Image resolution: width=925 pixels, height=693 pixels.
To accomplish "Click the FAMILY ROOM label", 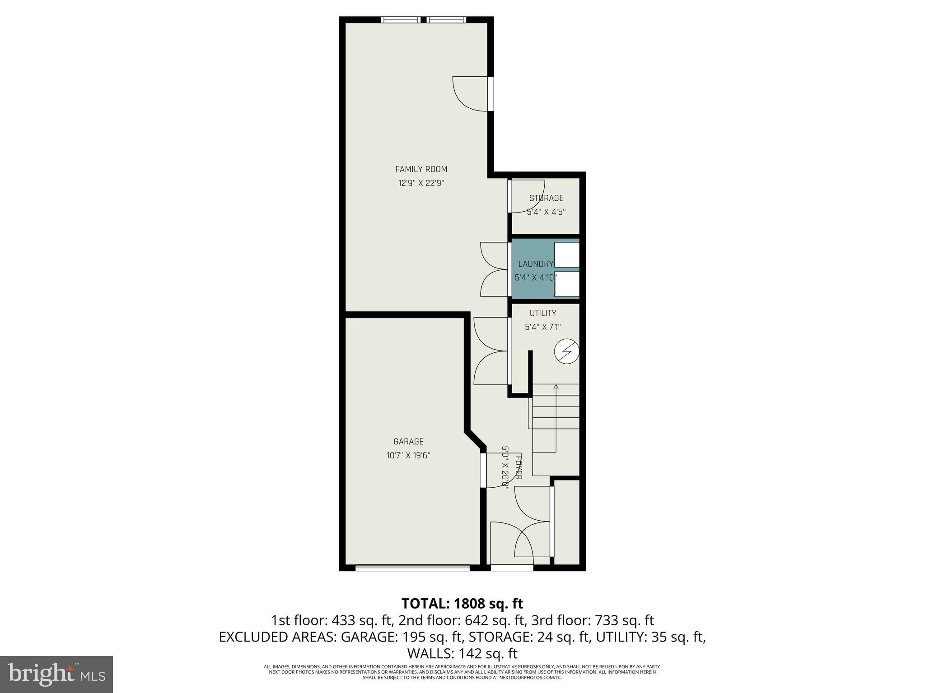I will coord(421,169).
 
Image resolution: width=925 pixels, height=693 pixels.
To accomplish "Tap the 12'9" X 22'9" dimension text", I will coord(421,183).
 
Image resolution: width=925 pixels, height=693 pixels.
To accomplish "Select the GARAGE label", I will coord(408,442).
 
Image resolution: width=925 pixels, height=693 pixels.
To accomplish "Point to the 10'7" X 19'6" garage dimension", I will coord(408,456).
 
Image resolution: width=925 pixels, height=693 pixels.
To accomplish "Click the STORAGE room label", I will coord(546,198).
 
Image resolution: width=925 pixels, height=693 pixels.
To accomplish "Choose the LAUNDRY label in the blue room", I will coord(536,264).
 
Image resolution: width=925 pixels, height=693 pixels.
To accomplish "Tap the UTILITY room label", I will coord(543,313).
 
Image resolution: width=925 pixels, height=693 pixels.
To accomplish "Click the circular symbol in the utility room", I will coord(567,352).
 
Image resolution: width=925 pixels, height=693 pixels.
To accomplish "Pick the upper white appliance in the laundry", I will coord(566,255).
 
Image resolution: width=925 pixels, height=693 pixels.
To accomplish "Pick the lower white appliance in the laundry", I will coord(566,284).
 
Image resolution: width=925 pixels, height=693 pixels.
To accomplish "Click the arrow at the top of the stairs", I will coord(556,386).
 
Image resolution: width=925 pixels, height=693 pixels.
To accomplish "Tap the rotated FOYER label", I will coord(519,468).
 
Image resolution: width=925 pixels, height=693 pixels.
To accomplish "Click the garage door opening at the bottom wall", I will coord(412,568).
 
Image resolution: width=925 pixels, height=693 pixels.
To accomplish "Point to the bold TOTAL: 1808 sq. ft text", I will coord(462,603).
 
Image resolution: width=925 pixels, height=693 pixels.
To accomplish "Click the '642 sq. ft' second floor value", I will coord(502,620).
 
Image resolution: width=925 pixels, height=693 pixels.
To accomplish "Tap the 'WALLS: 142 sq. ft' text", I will coord(462,653).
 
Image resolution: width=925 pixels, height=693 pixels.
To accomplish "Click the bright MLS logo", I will coord(56,674).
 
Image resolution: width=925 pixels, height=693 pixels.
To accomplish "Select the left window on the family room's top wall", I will coord(401,19).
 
